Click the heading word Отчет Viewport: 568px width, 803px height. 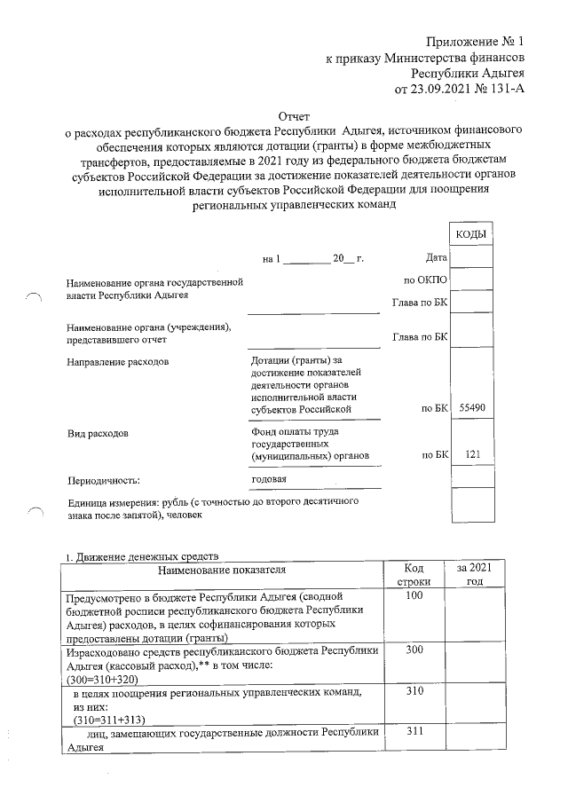click(296, 116)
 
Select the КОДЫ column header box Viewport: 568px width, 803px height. click(470, 233)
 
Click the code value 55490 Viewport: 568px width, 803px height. click(470, 409)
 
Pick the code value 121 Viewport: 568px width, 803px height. click(472, 454)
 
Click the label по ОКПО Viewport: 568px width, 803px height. click(424, 280)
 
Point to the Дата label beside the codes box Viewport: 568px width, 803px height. click(435, 257)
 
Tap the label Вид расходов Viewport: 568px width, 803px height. click(98, 435)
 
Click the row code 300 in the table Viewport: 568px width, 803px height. click(412, 651)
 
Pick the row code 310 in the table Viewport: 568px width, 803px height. click(412, 690)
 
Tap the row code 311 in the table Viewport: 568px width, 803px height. click(412, 731)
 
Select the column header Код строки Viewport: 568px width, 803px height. click(412, 574)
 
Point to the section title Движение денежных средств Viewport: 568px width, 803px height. click(147, 555)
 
